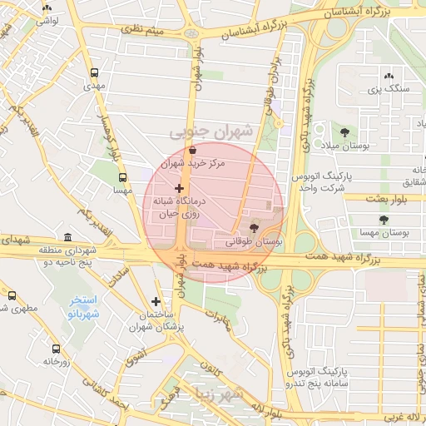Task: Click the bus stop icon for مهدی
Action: [x=94, y=72]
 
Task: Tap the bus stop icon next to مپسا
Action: [x=123, y=177]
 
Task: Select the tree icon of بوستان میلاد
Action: [x=344, y=132]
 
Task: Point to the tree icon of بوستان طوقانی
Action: [x=255, y=228]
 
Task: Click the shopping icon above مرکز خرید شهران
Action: [x=193, y=151]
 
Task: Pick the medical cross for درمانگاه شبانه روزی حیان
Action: [x=179, y=189]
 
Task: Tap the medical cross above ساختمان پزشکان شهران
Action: [x=156, y=301]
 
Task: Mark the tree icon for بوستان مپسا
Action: [x=383, y=220]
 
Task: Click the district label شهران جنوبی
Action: [x=211, y=131]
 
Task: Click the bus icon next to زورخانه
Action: [x=56, y=349]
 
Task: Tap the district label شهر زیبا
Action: [x=218, y=396]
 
